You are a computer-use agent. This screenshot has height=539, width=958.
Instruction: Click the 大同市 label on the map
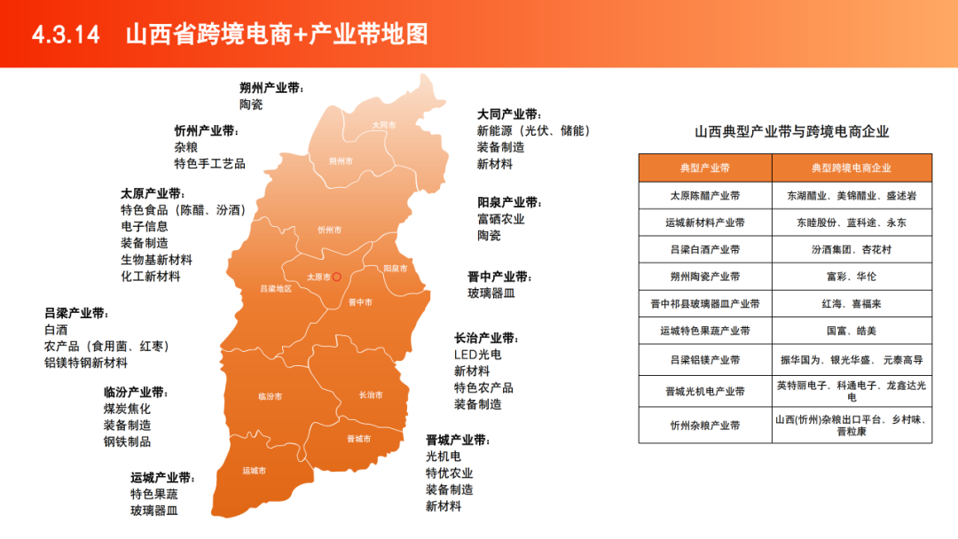tap(384, 125)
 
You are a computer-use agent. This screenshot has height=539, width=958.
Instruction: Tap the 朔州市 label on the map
tap(341, 161)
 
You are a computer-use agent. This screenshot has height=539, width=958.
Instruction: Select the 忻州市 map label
tap(329, 230)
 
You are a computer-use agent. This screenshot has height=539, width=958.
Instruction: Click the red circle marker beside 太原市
tap(337, 277)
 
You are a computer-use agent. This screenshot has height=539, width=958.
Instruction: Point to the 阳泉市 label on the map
tap(396, 268)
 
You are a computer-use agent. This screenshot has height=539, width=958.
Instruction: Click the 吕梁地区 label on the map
tap(276, 289)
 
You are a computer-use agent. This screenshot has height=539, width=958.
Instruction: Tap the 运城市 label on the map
tap(255, 471)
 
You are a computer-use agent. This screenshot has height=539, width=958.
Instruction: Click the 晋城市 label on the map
tap(359, 439)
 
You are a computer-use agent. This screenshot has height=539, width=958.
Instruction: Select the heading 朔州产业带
tap(271, 88)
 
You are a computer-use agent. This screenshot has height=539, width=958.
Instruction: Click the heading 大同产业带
tap(508, 114)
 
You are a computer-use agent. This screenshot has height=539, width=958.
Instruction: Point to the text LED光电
tap(477, 355)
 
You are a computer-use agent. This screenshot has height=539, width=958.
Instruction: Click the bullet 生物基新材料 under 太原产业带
tap(156, 260)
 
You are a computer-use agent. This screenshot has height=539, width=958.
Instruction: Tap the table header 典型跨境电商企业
tap(851, 168)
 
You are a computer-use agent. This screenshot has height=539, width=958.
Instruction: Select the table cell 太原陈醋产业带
tap(704, 195)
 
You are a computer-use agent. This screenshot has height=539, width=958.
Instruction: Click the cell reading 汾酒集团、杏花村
tap(851, 249)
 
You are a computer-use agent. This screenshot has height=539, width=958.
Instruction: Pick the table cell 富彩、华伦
tap(851, 277)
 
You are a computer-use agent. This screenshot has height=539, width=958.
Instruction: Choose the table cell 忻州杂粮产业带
tap(704, 426)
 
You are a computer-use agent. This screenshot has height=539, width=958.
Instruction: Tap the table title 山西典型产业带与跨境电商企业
tap(791, 132)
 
